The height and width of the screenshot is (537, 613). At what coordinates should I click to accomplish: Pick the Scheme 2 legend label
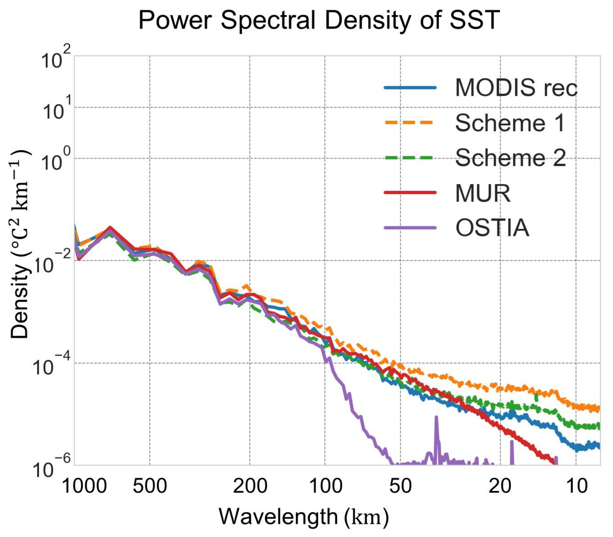pos(510,158)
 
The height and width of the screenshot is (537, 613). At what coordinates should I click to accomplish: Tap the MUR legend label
pos(483,193)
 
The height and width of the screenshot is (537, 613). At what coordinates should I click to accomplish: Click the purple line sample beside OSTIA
pos(410,228)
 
